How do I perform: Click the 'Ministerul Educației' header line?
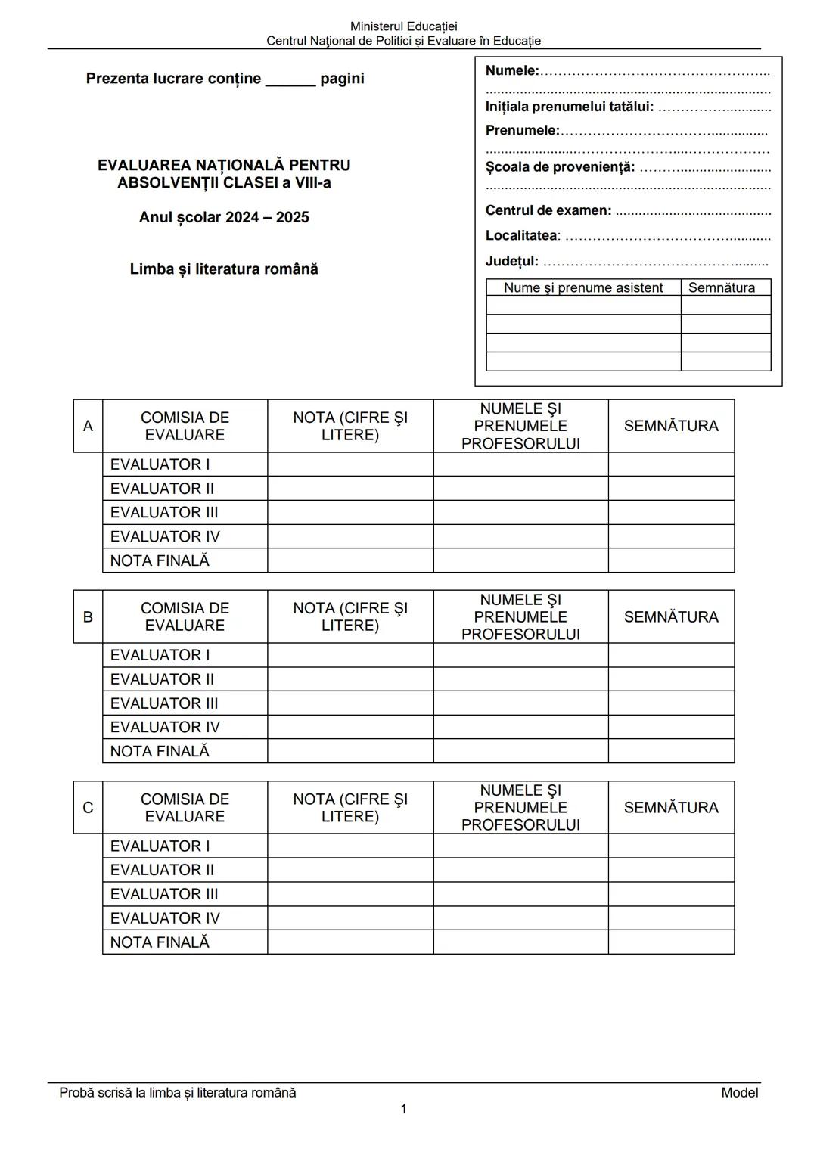[403, 26]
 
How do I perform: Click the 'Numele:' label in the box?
[512, 71]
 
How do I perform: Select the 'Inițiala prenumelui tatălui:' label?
[569, 107]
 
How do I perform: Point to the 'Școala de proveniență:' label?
[560, 167]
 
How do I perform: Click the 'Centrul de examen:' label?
[548, 210]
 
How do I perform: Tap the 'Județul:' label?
[511, 262]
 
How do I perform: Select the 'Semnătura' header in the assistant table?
[721, 287]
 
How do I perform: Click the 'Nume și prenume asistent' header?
[582, 287]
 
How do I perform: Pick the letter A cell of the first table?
[88, 426]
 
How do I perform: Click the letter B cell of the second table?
[88, 616]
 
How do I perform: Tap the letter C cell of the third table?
[88, 808]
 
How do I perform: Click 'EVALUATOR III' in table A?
[164, 512]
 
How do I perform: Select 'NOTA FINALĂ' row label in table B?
[160, 751]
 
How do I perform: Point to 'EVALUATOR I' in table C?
[160, 846]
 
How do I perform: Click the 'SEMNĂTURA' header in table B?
[671, 616]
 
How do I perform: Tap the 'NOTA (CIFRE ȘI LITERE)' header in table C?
[350, 808]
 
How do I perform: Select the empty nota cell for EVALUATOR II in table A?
[350, 488]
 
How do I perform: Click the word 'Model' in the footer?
[739, 1092]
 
